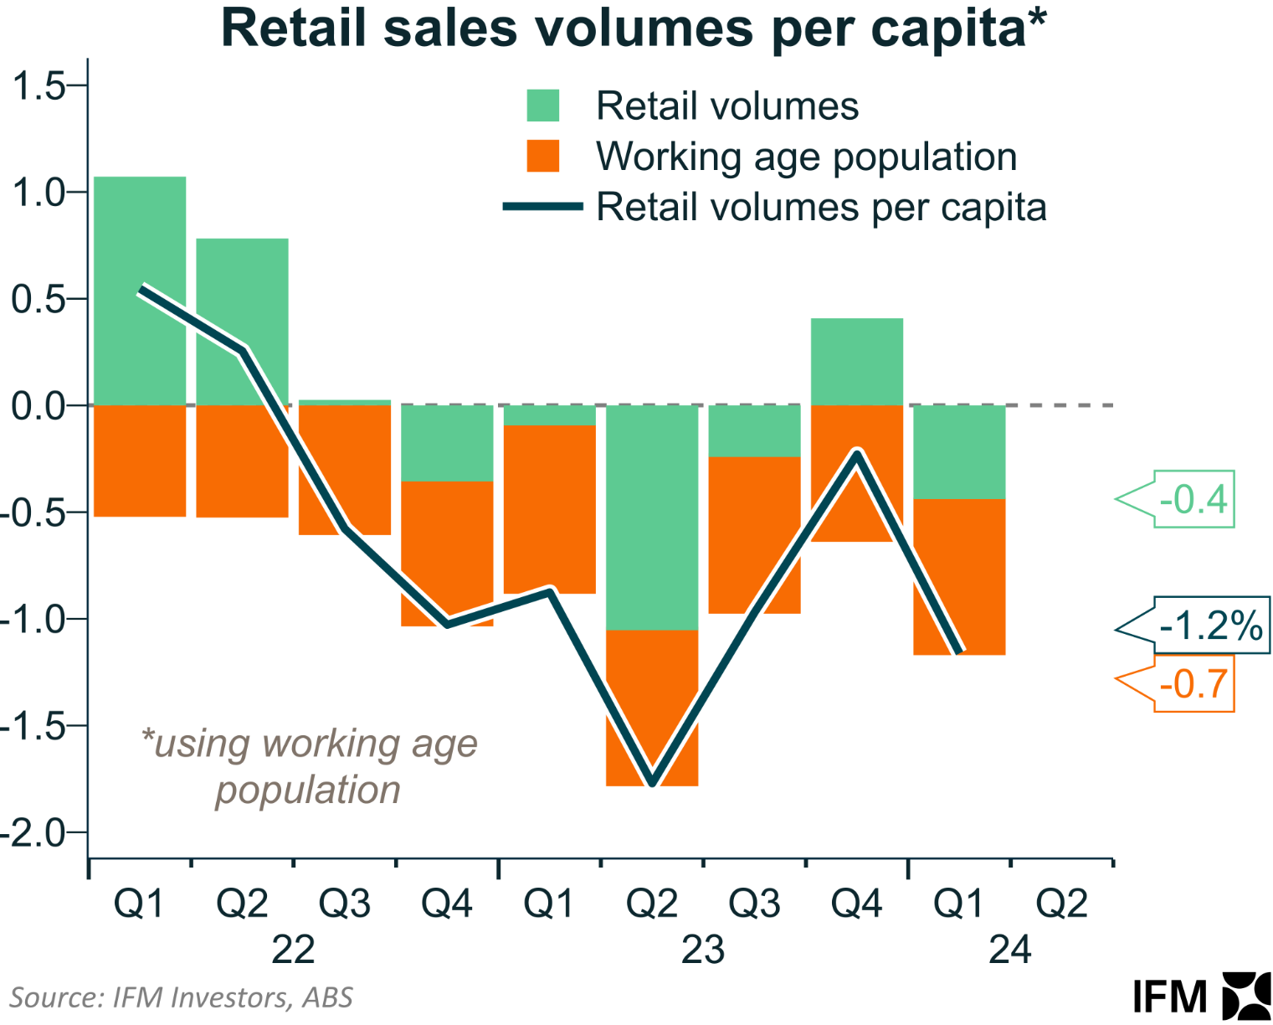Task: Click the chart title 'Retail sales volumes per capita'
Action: (x=634, y=28)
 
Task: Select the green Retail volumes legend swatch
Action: (x=543, y=106)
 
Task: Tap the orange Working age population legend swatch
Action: (x=543, y=157)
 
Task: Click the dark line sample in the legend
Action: (x=543, y=207)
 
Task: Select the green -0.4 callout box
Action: (x=1193, y=499)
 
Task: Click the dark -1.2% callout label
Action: (x=1210, y=626)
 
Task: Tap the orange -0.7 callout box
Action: (x=1193, y=684)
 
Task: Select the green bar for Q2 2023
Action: (x=652, y=517)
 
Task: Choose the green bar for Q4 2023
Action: (x=857, y=361)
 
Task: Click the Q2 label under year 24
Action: (x=1061, y=904)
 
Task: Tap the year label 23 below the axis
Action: (x=702, y=950)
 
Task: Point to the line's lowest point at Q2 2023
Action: (x=653, y=782)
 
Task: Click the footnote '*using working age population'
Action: (x=309, y=766)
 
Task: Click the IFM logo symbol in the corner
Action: (x=1246, y=997)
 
